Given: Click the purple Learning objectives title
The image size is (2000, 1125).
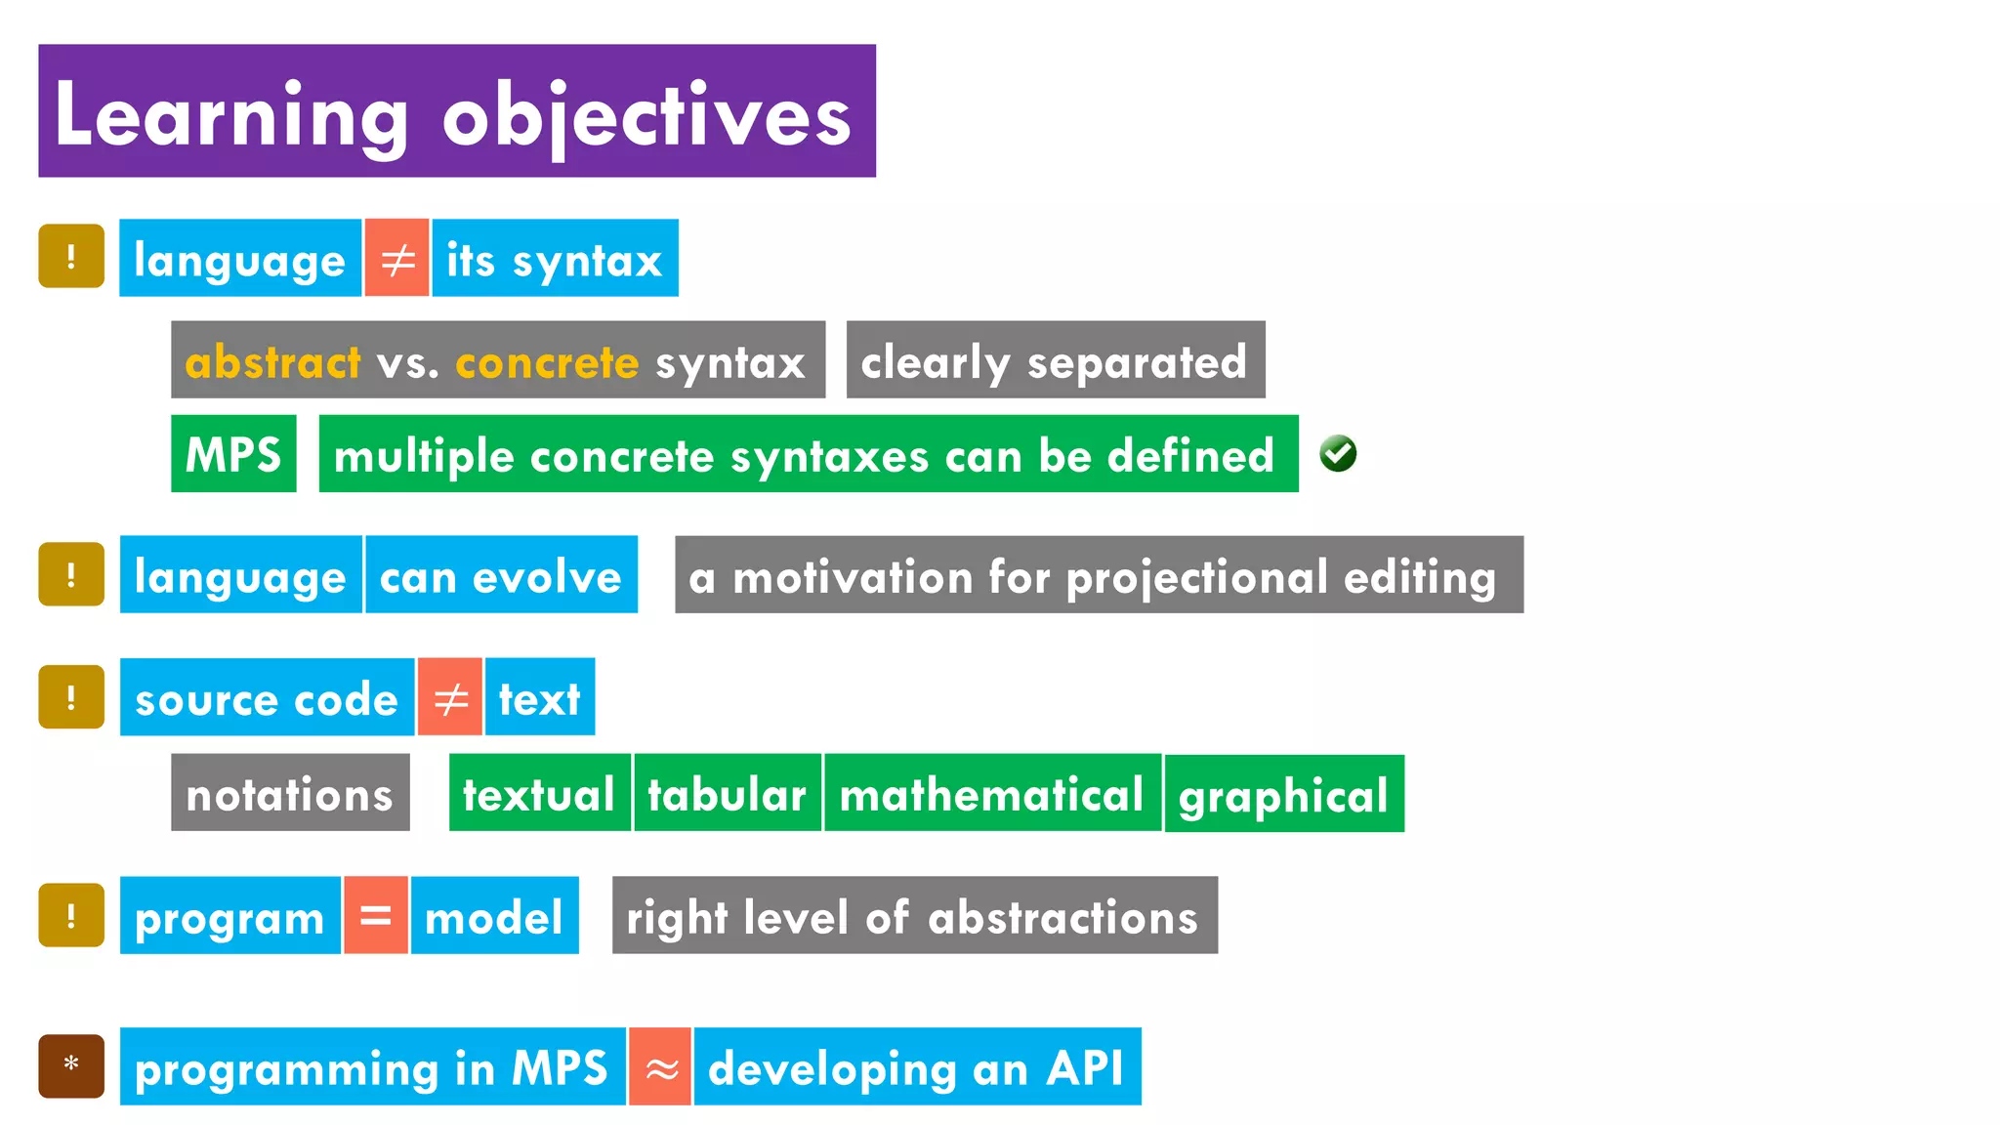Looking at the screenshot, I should [456, 110].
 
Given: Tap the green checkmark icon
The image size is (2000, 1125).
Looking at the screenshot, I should [1337, 453].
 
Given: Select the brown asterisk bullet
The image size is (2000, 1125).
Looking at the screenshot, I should [71, 1065].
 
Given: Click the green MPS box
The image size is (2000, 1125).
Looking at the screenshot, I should [233, 454].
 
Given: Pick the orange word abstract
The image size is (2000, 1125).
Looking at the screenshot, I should [272, 362].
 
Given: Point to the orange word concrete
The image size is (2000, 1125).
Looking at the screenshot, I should [547, 362].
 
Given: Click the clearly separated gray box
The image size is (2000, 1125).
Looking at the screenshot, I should [1055, 360].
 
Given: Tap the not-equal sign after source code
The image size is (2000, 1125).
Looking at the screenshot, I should [449, 697].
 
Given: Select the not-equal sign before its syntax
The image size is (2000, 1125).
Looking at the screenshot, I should [396, 259].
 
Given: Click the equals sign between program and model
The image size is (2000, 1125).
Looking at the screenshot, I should [375, 916].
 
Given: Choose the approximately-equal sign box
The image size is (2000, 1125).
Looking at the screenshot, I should [660, 1067].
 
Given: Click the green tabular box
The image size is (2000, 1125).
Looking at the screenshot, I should [728, 793].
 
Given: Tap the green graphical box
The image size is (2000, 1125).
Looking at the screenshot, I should [1283, 794].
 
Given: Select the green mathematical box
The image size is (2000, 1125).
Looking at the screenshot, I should [991, 793].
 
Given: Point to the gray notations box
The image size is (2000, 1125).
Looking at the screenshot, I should [290, 793].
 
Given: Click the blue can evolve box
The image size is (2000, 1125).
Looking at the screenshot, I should [501, 575].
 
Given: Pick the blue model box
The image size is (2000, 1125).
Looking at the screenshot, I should [494, 916].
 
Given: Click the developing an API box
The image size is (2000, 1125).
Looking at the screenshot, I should [916, 1067].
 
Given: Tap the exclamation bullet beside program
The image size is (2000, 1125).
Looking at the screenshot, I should [71, 916].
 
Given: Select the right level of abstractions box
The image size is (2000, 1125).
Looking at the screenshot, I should [914, 916].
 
